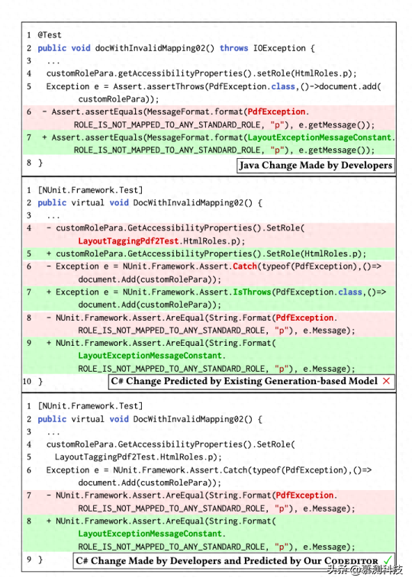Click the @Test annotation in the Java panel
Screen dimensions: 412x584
click(x=50, y=35)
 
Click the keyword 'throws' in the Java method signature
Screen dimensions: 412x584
click(x=233, y=48)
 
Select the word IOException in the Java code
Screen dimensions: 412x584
click(x=279, y=48)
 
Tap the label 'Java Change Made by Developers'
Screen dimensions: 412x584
click(x=316, y=166)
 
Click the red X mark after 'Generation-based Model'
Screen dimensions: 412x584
click(x=386, y=381)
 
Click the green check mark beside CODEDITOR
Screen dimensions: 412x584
click(x=388, y=560)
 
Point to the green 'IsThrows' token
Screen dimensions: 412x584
click(x=252, y=292)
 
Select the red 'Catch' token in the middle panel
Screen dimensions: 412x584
click(x=245, y=266)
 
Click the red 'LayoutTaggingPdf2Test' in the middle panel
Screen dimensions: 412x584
click(x=128, y=241)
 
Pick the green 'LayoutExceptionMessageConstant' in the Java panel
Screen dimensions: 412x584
click(x=320, y=137)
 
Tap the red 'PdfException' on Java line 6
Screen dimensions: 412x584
click(x=276, y=111)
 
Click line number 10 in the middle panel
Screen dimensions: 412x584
click(x=27, y=382)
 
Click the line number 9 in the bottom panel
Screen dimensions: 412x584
click(x=29, y=560)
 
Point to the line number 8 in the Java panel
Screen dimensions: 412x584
click(x=29, y=163)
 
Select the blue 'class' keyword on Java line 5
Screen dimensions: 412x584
click(x=283, y=86)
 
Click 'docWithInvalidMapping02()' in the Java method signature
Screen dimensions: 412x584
click(x=155, y=48)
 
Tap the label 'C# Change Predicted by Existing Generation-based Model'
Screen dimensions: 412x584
click(x=244, y=381)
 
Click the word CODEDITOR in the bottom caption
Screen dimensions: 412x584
click(x=351, y=561)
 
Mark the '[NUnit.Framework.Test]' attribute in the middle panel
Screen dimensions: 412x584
click(x=90, y=190)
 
